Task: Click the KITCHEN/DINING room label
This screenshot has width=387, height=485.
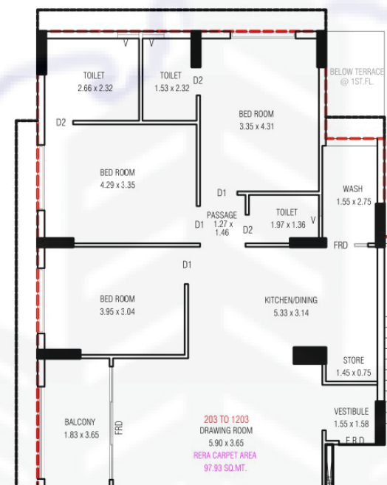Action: (291, 300)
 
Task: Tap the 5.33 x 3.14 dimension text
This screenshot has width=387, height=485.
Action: (291, 313)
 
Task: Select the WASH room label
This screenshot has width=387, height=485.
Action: (353, 189)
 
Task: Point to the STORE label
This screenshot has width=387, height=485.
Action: (354, 360)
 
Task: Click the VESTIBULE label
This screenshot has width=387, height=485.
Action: (351, 411)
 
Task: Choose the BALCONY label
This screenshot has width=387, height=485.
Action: (80, 422)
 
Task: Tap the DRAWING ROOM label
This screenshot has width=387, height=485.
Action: (226, 430)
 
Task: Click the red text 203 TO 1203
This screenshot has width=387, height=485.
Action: (226, 419)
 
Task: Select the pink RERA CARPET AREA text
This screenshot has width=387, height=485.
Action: (225, 455)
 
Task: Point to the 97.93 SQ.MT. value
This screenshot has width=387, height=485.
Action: (225, 468)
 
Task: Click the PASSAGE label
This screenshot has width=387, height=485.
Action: (222, 215)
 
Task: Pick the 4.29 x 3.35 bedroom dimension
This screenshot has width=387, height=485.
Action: (117, 185)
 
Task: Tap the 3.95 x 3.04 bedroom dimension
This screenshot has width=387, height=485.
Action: (117, 311)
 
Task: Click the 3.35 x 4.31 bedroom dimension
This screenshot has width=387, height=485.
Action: (256, 126)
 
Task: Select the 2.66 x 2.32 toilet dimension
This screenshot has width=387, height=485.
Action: (95, 88)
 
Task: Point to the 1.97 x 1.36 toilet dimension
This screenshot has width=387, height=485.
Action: (288, 225)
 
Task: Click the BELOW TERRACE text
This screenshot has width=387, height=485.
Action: (357, 72)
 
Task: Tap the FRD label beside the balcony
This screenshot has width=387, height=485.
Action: (119, 428)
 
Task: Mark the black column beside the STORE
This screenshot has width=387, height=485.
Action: (309, 356)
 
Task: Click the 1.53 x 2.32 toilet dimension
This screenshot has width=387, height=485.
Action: (172, 88)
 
